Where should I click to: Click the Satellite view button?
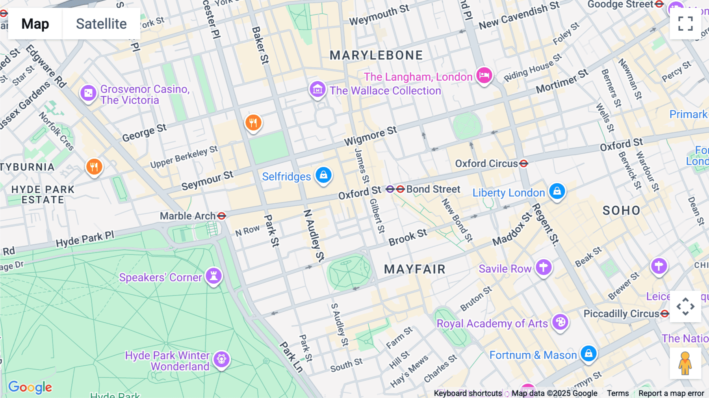pos(101,24)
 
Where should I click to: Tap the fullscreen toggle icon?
pos(685,24)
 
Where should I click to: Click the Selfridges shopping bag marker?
pos(323,175)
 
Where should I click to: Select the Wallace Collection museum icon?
pos(317,90)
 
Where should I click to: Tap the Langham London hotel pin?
pos(484,75)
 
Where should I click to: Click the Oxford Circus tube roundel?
pos(523,163)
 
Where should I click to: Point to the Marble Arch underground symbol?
pos(222,216)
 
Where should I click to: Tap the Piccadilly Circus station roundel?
pos(665,314)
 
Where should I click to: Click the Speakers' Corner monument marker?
pos(213,276)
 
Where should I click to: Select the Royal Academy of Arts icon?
pos(560,322)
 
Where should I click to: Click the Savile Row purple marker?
pos(544,268)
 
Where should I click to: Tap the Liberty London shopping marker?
pos(557,192)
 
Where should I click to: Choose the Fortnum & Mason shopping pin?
pos(588,353)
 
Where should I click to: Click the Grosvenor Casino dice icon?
pos(88,93)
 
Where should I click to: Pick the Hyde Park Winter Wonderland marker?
pos(222,359)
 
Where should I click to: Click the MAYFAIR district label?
pos(415,269)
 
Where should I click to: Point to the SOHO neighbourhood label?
pos(621,210)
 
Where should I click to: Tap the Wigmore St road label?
pos(370,136)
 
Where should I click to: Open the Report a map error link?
pos(671,393)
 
